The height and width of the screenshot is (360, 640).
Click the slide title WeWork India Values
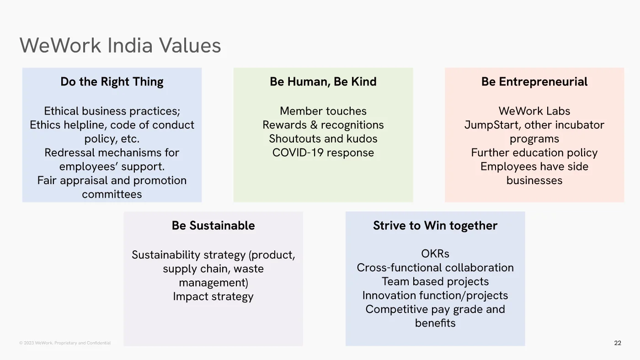120,46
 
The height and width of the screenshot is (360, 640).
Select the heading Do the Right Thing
112,82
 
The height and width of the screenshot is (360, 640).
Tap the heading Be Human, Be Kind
323,82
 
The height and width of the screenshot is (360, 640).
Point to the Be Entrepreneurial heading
534,82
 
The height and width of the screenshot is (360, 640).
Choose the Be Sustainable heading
213,226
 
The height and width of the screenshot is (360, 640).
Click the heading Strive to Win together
435,226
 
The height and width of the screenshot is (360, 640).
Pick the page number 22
618,343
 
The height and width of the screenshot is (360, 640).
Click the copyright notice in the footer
65,343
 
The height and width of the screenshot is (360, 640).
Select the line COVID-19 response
323,153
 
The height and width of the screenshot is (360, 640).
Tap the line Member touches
323,111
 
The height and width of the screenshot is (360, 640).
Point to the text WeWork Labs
534,111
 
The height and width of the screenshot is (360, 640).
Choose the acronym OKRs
435,254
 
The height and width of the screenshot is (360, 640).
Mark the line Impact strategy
213,296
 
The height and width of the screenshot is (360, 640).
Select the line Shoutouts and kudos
323,139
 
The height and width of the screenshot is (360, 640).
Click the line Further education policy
534,153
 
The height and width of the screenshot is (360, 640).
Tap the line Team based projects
435,282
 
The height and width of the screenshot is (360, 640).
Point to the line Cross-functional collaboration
435,268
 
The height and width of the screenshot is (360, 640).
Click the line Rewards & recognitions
323,125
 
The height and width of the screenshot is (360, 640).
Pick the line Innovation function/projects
435,296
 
